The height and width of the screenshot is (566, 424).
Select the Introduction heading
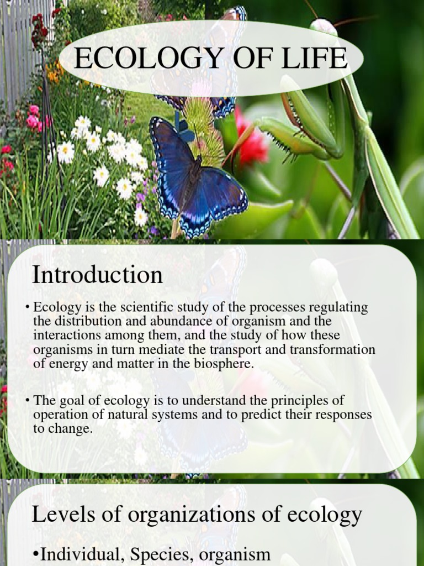point(97,275)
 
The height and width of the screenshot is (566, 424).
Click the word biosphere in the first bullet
point(224,363)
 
